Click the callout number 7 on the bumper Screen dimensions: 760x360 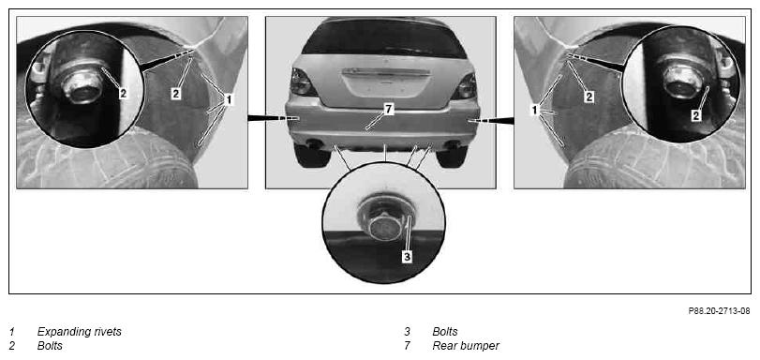pos(387,110)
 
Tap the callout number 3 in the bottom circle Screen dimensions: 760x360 pos(407,256)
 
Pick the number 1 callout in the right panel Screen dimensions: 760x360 pos(535,110)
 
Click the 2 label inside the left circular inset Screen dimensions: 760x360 pos(123,94)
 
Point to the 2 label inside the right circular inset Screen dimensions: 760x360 pos(696,115)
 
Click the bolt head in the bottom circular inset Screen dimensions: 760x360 pos(384,225)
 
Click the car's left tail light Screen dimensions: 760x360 pos(303,82)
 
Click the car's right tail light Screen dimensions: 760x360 pos(464,86)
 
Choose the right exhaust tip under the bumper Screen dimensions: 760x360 pos(454,144)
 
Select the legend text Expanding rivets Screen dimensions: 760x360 pos(79,333)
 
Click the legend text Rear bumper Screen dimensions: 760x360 pos(466,346)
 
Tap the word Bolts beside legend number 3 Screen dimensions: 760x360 pos(445,333)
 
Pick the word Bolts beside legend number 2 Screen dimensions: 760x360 pos(50,346)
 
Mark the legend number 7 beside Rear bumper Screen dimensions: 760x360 pos(408,346)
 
